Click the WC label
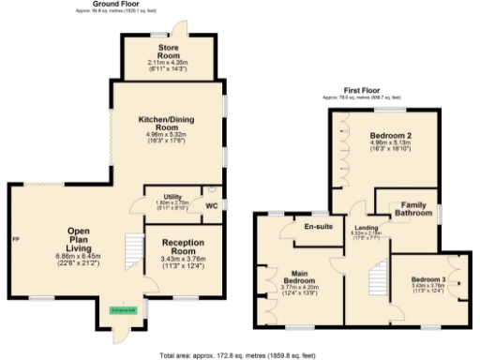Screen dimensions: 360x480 pos(211,205)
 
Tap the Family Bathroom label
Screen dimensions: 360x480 pos(412,209)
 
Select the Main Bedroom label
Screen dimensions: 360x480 pos(301,277)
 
